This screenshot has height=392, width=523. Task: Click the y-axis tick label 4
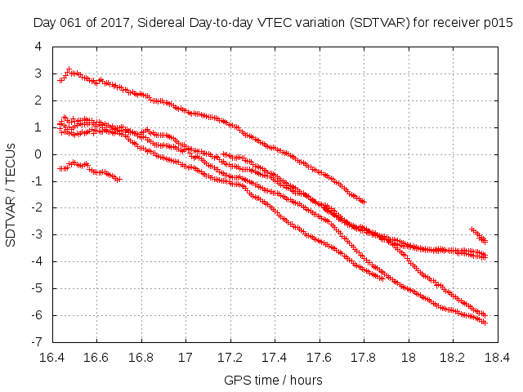[38, 47]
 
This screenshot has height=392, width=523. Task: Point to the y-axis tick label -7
[36, 342]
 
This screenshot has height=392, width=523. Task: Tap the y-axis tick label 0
[38, 154]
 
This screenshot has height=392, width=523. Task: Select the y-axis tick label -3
[36, 235]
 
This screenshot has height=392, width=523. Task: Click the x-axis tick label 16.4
[52, 358]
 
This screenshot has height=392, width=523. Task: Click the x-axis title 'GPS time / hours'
[274, 380]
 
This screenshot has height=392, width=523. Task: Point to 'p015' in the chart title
[498, 23]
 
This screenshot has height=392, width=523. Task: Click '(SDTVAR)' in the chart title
[378, 23]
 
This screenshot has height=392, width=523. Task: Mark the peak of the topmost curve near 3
[69, 70]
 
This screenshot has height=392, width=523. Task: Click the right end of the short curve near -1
[119, 179]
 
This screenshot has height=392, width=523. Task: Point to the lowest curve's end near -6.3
[485, 323]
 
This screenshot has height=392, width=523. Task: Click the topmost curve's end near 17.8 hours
[363, 201]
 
